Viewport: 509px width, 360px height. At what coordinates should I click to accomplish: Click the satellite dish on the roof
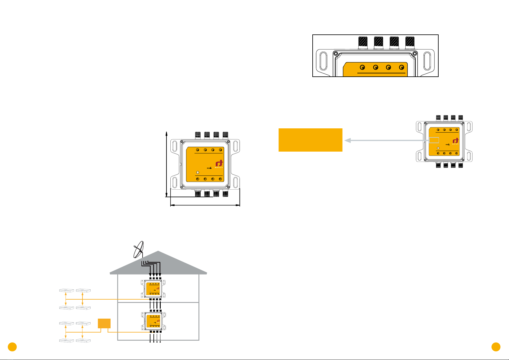point(138,250)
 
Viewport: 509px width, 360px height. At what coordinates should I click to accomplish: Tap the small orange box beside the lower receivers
point(104,323)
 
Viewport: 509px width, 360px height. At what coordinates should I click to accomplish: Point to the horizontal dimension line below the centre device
point(205,205)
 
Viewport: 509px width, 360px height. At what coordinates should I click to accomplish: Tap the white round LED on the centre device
point(198,172)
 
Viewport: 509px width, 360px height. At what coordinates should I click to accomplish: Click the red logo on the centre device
point(219,164)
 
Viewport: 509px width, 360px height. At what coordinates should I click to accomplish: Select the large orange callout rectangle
point(310,140)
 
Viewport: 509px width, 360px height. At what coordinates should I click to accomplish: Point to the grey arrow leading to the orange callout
point(387,140)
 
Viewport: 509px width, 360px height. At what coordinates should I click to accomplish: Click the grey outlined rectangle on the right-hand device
point(434,140)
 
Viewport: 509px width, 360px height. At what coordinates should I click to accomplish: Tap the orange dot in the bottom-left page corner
point(12,347)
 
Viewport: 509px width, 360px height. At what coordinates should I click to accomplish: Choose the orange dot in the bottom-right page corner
point(496,347)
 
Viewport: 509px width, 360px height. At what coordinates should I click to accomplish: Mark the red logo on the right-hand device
point(455,141)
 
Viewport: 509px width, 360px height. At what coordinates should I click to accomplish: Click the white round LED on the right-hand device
point(438,148)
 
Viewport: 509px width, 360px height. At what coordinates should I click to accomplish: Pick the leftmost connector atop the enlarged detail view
point(362,43)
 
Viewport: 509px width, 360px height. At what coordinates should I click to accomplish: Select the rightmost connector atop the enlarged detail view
point(410,43)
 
